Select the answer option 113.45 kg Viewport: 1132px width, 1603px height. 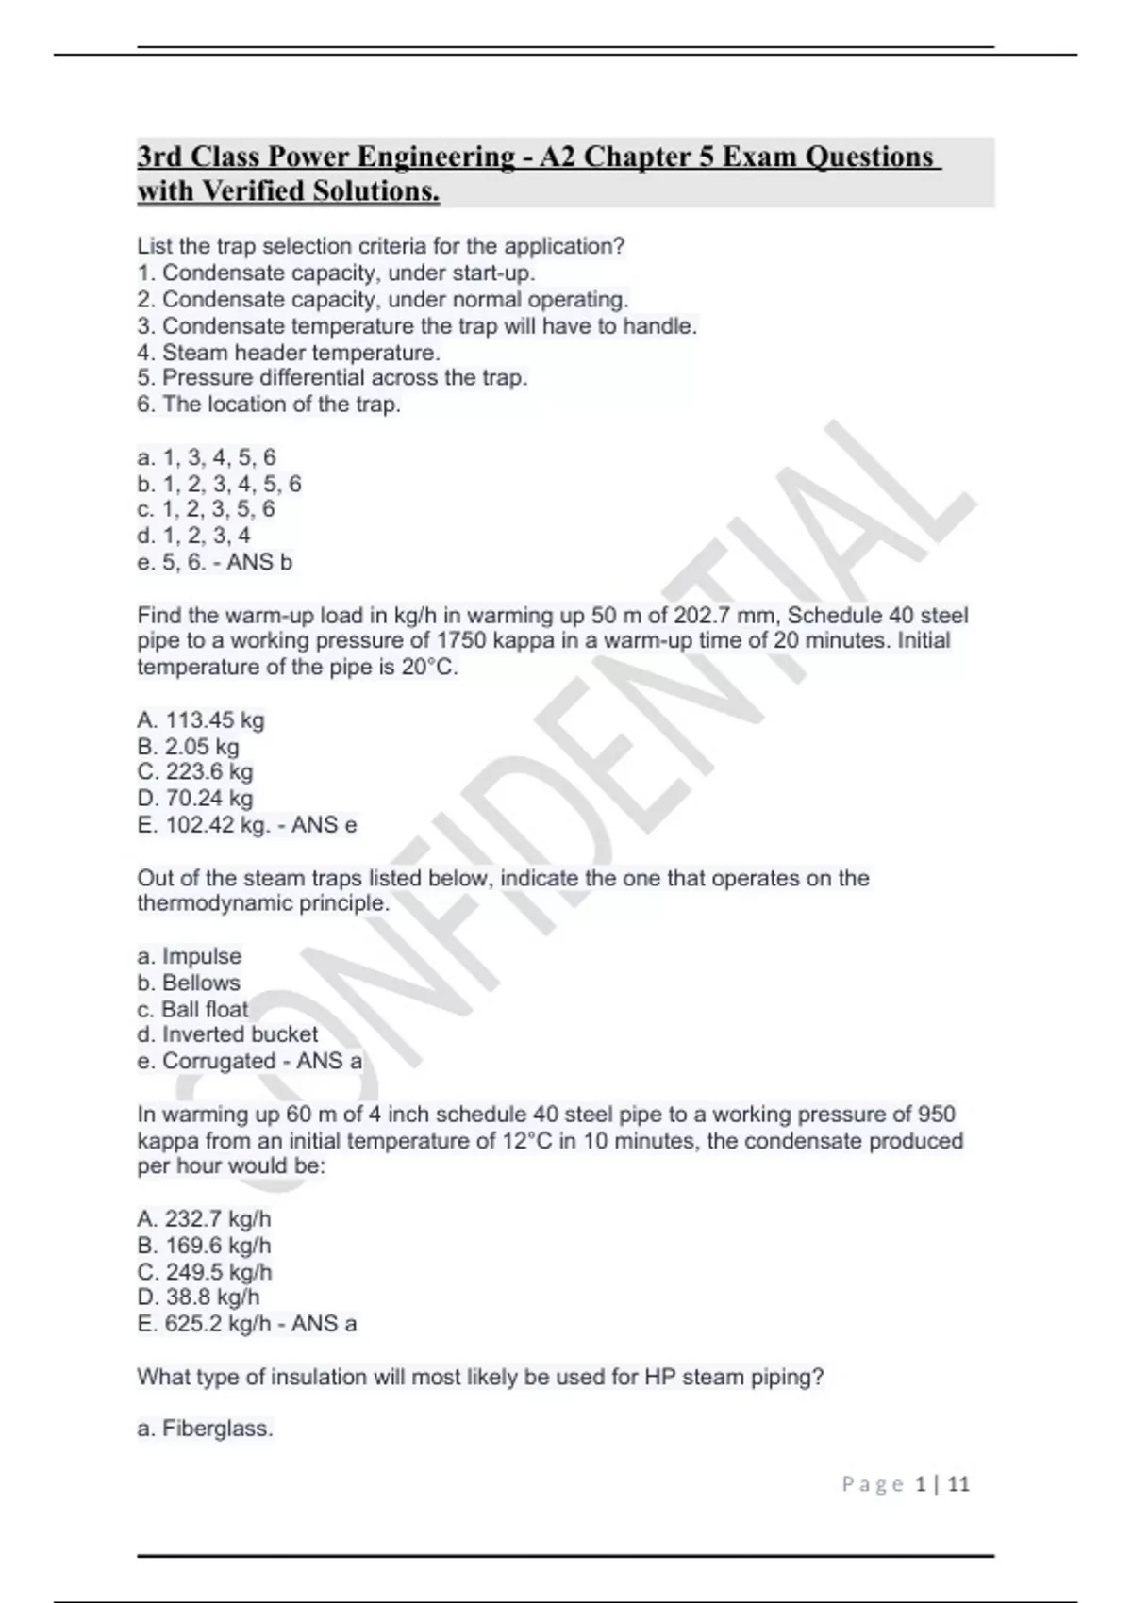click(200, 720)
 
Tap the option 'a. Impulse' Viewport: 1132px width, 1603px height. click(189, 956)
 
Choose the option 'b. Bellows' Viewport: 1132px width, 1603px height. click(189, 983)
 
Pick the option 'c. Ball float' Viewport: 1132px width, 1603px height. click(192, 1009)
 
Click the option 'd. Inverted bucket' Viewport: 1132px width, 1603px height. click(227, 1034)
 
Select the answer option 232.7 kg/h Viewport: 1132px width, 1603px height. click(204, 1219)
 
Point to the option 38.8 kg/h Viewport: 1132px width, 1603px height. click(198, 1297)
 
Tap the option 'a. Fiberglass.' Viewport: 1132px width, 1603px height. click(205, 1429)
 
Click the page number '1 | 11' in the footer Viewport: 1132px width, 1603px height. click(942, 1484)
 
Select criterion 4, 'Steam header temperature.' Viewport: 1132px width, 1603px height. click(289, 353)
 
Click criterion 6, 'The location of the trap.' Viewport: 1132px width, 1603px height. click(269, 405)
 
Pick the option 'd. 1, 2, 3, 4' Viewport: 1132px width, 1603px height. click(193, 536)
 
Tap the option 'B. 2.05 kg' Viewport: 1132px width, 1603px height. click(188, 747)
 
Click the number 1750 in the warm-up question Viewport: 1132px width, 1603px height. click(460, 641)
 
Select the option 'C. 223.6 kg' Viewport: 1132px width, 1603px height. click(195, 772)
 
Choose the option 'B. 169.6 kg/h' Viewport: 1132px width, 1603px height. click(204, 1246)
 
